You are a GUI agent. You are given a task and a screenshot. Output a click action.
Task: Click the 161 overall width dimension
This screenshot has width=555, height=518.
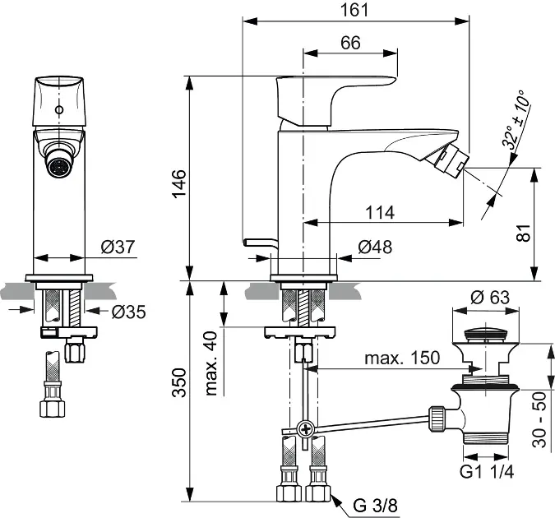tap(350, 10)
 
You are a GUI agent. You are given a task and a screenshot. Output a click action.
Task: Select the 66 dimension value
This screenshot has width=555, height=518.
tap(350, 44)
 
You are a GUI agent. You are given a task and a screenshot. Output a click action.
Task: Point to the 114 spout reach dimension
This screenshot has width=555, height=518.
tap(379, 212)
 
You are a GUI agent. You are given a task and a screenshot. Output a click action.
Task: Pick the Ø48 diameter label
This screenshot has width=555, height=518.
tap(375, 247)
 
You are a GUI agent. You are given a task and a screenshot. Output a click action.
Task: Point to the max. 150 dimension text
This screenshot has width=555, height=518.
tap(403, 358)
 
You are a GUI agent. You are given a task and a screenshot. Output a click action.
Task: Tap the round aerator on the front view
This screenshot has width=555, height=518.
tap(58, 167)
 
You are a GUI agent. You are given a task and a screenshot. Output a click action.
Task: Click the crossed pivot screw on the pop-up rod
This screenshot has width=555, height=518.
tap(306, 428)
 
